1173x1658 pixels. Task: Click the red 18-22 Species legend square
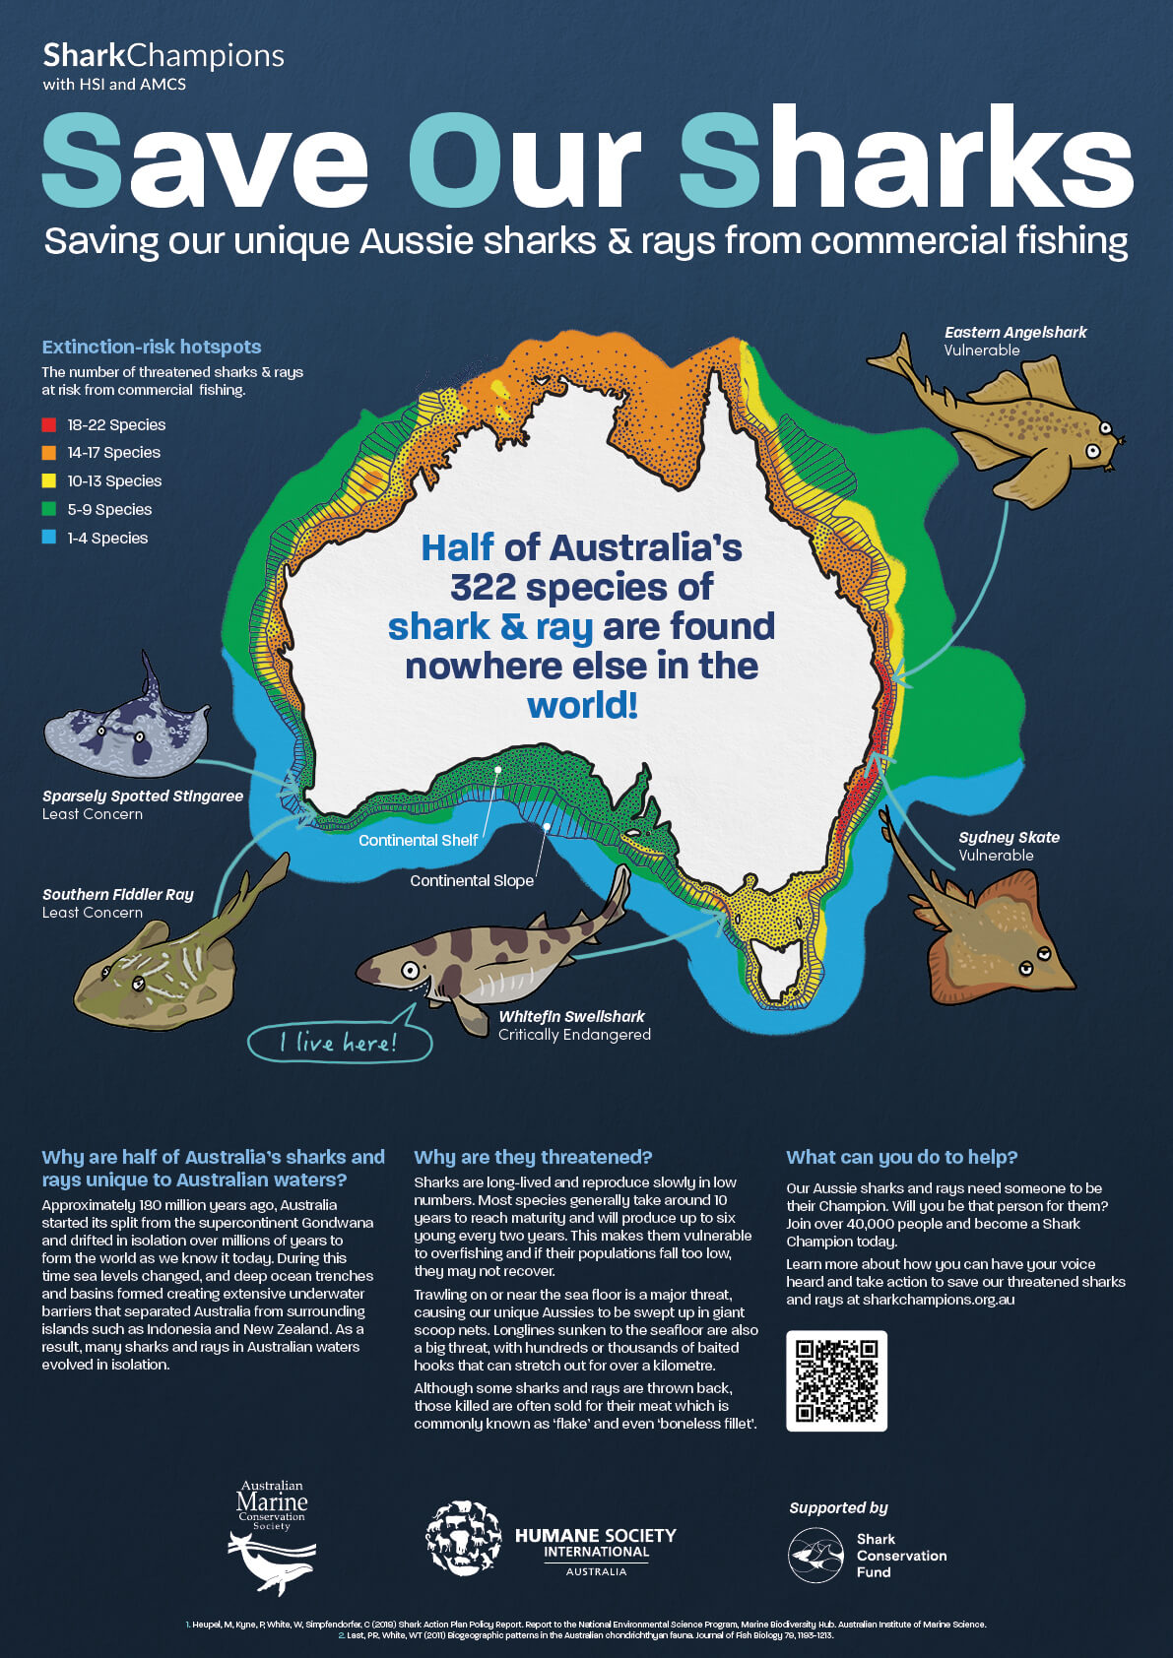[x=48, y=425]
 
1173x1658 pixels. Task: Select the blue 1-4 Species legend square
[x=48, y=538]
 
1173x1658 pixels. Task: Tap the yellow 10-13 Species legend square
[x=48, y=481]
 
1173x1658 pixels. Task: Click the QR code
[x=836, y=1380]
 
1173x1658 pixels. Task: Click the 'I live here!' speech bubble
[x=339, y=1043]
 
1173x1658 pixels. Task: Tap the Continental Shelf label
[x=418, y=840]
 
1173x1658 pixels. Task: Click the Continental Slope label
[x=472, y=880]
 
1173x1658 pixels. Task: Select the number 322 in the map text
[x=483, y=588]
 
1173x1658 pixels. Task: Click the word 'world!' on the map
[x=582, y=706]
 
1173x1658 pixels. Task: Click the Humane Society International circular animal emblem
[x=463, y=1538]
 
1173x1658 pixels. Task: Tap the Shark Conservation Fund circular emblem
[x=815, y=1556]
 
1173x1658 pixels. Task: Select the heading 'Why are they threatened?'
[x=533, y=1157]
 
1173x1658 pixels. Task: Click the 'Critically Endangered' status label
[x=574, y=1035]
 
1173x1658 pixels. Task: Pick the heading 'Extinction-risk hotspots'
[x=152, y=347]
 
